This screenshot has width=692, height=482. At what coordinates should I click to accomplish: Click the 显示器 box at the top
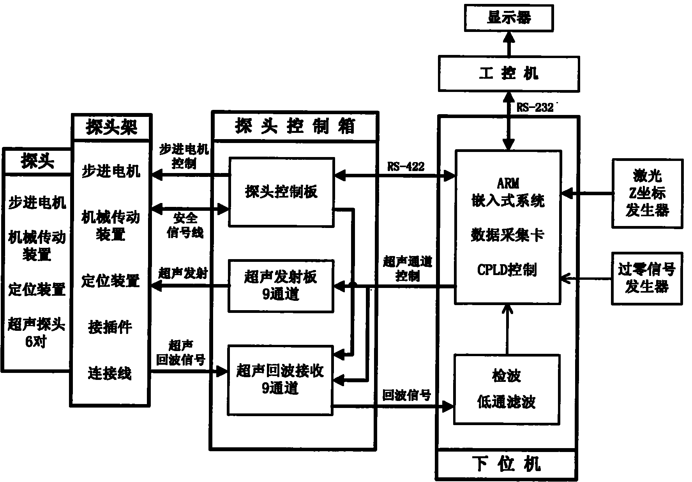pyautogui.click(x=508, y=18)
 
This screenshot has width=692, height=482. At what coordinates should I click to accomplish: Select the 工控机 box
pyautogui.click(x=508, y=74)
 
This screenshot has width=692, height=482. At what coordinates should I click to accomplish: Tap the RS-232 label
pyautogui.click(x=535, y=108)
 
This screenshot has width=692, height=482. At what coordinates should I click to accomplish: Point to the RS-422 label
pyautogui.click(x=406, y=167)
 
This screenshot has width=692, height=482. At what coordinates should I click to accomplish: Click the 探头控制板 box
pyautogui.click(x=281, y=192)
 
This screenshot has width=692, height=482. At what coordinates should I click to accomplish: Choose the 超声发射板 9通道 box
pyautogui.click(x=281, y=286)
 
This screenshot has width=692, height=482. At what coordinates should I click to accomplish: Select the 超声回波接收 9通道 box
pyautogui.click(x=280, y=380)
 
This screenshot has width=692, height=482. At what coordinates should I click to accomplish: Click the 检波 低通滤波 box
pyautogui.click(x=507, y=389)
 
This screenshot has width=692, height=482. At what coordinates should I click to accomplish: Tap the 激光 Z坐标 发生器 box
pyautogui.click(x=647, y=193)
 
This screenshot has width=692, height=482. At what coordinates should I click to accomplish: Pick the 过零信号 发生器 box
pyautogui.click(x=647, y=278)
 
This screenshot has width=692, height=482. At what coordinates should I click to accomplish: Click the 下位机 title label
pyautogui.click(x=507, y=464)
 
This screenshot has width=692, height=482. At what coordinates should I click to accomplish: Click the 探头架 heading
pyautogui.click(x=111, y=127)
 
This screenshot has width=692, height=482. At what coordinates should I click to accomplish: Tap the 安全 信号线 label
pyautogui.click(x=185, y=225)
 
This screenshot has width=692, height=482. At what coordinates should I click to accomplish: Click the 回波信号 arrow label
pyautogui.click(x=406, y=395)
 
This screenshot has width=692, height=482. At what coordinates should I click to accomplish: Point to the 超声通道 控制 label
pyautogui.click(x=408, y=268)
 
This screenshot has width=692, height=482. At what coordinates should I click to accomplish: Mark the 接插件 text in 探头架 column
pyautogui.click(x=110, y=327)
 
